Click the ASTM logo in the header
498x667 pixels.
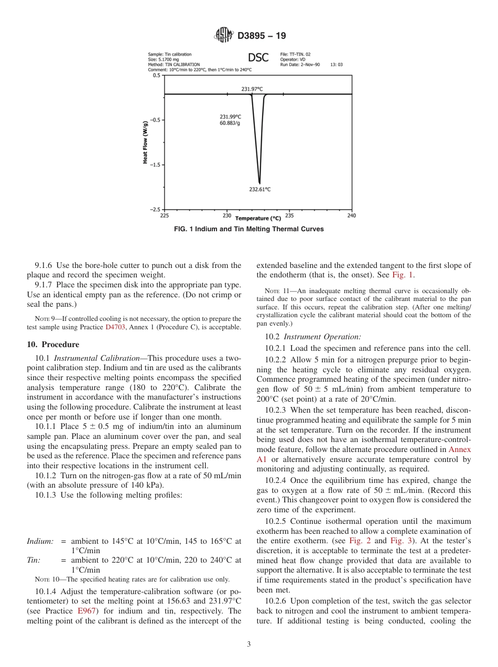tap(224, 36)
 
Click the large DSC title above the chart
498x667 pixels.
tap(258, 58)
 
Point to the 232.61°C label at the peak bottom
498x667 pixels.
tap(259, 189)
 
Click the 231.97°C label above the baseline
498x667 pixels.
tap(252, 89)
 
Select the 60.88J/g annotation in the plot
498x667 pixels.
tap(230, 123)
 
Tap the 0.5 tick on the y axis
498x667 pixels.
tap(156, 76)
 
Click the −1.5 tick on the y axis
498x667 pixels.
tap(155, 165)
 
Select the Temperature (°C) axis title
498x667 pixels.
tap(258, 218)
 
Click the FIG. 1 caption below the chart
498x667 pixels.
tap(248, 229)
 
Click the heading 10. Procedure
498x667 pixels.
tap(53, 345)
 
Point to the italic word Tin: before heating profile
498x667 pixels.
tap(34, 560)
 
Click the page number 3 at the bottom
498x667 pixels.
tap(248, 644)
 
